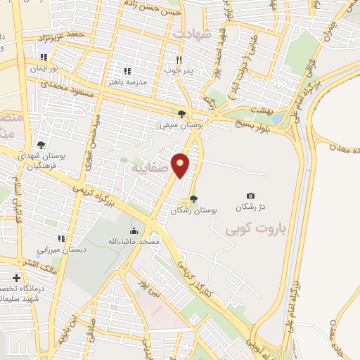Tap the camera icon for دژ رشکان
tap(251, 195)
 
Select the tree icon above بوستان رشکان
tap(194, 198)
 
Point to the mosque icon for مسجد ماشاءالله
tap(134, 231)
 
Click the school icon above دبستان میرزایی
tap(62, 238)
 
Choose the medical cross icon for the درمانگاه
tap(15, 277)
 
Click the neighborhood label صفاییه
tap(148, 169)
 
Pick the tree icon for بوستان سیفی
tap(182, 114)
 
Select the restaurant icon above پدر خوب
tap(179, 60)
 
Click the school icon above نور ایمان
tap(44, 58)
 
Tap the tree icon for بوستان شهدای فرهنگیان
tap(41, 145)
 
